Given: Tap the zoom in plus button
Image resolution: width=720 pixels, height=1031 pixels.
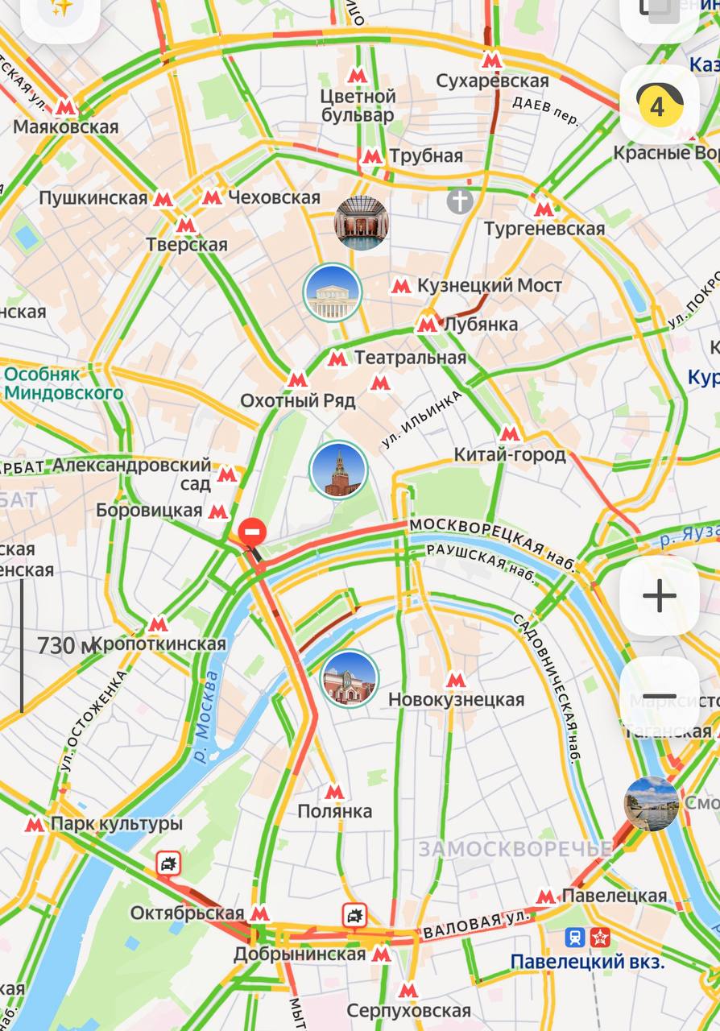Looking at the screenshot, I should click(x=659, y=596).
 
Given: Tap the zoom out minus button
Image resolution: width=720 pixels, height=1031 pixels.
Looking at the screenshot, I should click(x=659, y=697).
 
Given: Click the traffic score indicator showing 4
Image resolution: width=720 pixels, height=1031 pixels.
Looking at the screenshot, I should click(x=659, y=105).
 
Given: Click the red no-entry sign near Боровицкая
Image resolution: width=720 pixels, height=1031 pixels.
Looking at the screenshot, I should click(x=253, y=532).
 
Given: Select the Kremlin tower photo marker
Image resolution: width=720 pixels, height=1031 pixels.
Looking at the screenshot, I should click(x=338, y=470).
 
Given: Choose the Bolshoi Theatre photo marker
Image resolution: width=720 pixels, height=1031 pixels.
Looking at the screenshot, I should click(x=333, y=292).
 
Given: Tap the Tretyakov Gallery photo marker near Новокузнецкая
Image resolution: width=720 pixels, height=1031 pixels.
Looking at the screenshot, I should click(x=350, y=678).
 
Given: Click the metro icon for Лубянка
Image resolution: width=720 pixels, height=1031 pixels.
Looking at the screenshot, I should click(x=428, y=325).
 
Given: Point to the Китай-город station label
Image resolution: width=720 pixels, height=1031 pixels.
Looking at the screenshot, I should click(x=510, y=455).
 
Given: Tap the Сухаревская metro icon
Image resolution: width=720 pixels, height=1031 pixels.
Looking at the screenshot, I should click(x=492, y=60).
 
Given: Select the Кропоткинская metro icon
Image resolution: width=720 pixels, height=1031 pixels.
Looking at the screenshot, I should click(x=158, y=624).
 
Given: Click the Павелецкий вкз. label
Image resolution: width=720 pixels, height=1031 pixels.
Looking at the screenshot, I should click(x=587, y=962).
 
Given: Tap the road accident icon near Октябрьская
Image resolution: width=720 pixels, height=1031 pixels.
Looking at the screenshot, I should click(x=168, y=864).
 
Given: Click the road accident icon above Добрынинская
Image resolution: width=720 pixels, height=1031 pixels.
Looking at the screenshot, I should click(x=354, y=915).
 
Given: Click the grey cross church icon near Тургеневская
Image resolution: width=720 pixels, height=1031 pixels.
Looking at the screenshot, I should click(x=461, y=201).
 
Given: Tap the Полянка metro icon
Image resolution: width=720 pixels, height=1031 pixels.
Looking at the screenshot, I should click(x=334, y=792).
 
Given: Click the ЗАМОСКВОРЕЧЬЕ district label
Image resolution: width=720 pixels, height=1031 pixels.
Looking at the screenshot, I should click(x=515, y=849).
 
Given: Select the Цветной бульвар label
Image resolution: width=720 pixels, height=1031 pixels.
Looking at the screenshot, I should click(x=358, y=106).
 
